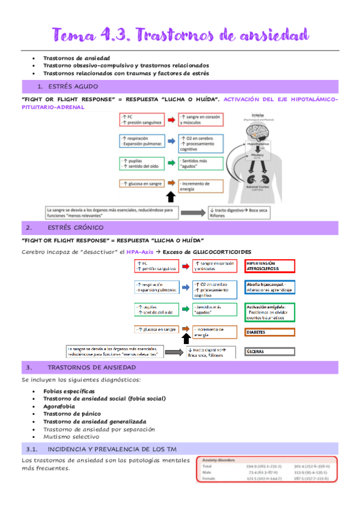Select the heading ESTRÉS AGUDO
[72, 87]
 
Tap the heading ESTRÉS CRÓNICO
[75, 228]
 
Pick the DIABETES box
[270, 332]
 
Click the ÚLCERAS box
[270, 351]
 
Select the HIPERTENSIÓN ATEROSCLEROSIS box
[270, 266]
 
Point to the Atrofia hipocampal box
[270, 287]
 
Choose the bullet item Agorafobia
[61, 406]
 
